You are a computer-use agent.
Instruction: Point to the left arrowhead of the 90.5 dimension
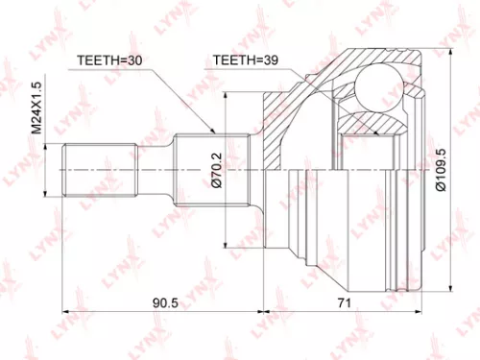tap(66, 312)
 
